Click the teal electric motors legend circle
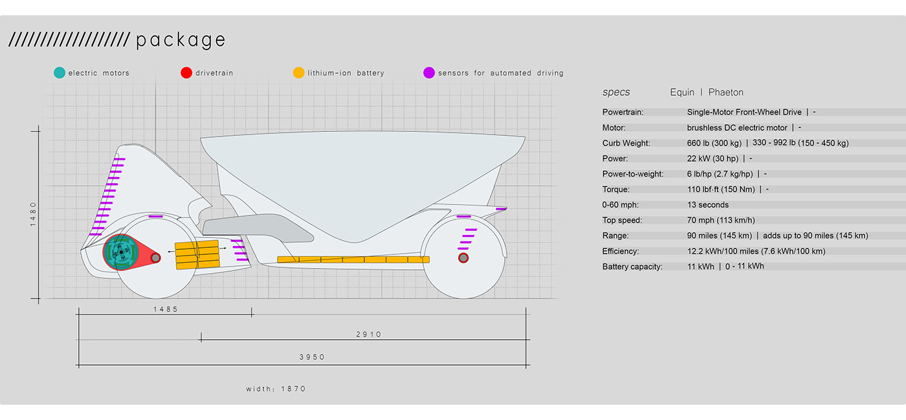(60, 73)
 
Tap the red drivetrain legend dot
(186, 73)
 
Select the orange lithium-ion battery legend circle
(298, 73)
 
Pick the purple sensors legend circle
(428, 73)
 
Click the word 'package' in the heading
(181, 41)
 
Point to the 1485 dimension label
(166, 309)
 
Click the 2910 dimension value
(369, 335)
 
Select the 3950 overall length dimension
(312, 357)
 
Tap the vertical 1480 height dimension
(34, 214)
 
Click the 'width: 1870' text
(276, 389)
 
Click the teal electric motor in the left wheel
(120, 252)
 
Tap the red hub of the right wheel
(463, 258)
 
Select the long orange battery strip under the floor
(353, 260)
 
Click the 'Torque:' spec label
(616, 190)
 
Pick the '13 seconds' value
(708, 205)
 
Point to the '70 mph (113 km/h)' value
(721, 221)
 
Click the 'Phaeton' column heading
(725, 93)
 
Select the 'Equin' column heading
(682, 93)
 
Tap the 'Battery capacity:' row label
(632, 267)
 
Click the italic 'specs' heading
(616, 93)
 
